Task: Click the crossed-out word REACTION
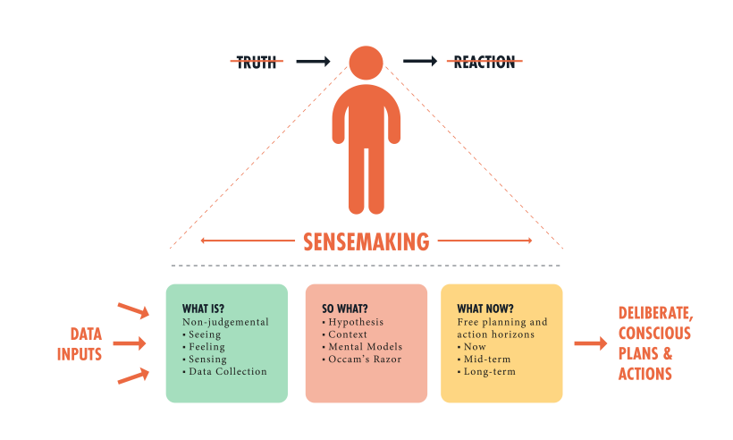(484, 62)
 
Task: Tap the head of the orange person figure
(366, 62)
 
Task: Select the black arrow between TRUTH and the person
(313, 62)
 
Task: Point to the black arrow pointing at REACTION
(420, 62)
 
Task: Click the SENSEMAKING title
(366, 241)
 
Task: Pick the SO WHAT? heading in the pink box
(345, 309)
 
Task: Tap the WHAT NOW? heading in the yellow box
(484, 309)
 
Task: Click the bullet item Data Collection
(228, 371)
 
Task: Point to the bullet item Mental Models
(365, 346)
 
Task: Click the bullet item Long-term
(489, 371)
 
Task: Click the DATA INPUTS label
(80, 344)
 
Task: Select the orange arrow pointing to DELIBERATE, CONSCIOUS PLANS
(590, 343)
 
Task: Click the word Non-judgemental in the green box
(225, 322)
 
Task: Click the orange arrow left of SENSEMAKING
(246, 241)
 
